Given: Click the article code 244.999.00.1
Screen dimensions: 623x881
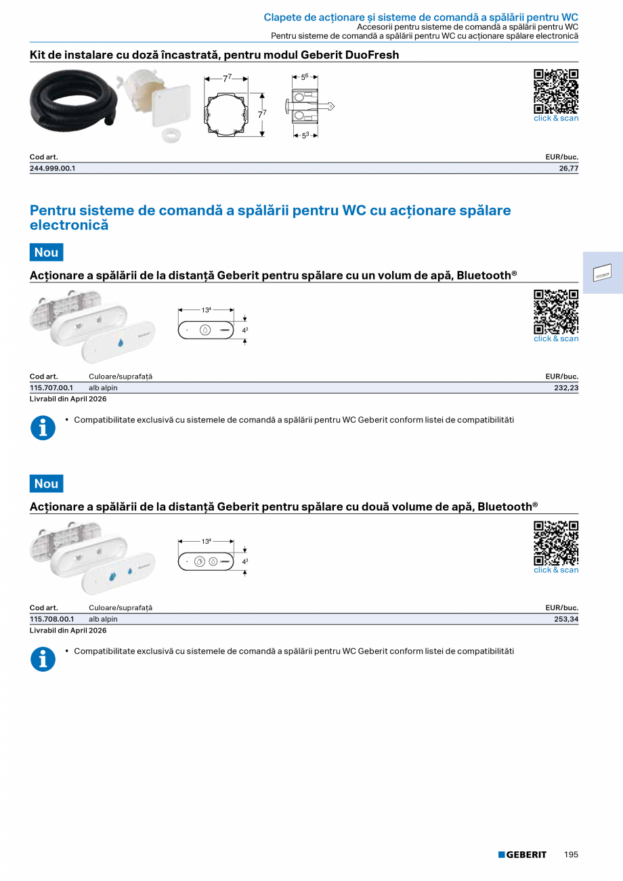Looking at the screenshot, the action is (x=52, y=169).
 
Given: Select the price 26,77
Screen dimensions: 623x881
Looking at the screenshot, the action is (x=569, y=169).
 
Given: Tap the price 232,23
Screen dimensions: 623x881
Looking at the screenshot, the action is (x=566, y=388).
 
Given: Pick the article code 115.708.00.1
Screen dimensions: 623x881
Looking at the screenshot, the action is (x=52, y=619).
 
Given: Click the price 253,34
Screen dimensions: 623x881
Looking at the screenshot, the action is (x=566, y=619).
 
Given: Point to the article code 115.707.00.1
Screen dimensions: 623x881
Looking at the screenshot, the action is (x=51, y=388).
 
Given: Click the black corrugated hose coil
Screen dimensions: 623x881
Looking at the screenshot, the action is (x=73, y=100).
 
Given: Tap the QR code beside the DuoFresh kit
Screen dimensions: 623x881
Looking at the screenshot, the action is (x=556, y=91).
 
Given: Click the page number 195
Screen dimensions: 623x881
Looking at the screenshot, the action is (x=571, y=855).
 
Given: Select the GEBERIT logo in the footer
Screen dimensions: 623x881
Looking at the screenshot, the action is (x=522, y=855).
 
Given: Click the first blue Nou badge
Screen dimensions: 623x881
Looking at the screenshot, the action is (x=47, y=252).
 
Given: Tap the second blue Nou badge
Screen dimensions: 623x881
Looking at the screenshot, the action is (x=47, y=484).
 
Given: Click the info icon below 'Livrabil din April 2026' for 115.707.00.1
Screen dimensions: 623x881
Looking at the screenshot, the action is (x=43, y=428).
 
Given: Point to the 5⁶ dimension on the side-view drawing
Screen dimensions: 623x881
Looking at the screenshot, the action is (x=305, y=77).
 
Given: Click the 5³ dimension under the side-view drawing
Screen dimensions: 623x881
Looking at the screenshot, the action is (x=305, y=135).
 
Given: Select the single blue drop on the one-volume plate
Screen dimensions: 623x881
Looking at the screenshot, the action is (x=121, y=343).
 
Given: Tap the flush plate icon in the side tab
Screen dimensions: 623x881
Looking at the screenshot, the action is (x=602, y=272).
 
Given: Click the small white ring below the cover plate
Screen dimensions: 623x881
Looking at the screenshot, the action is (x=171, y=135).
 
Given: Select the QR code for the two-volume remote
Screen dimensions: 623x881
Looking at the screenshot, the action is (x=556, y=543).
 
